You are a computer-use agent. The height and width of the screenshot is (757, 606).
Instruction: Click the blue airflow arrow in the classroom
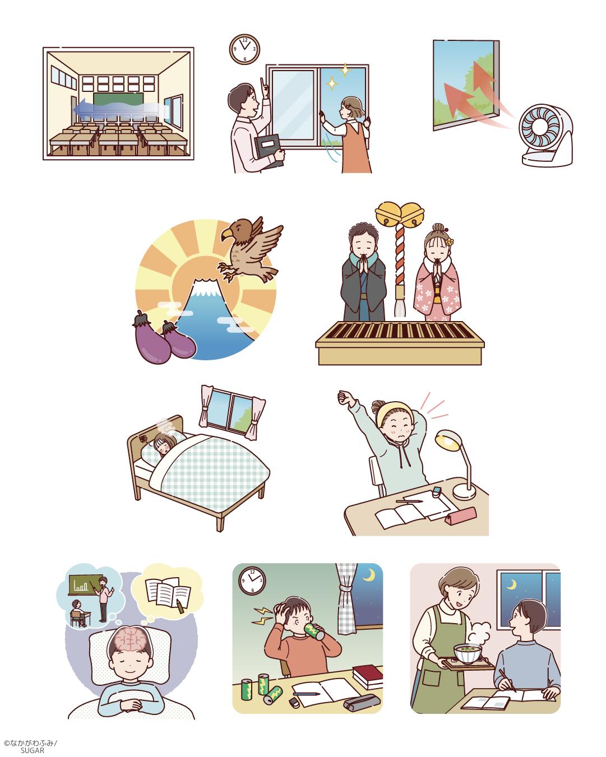[x=119, y=109]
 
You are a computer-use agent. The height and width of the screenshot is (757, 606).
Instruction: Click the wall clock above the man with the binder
[x=244, y=49]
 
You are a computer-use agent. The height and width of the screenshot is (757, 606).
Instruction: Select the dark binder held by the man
[x=269, y=151]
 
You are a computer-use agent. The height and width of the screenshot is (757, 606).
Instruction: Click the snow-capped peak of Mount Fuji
[x=203, y=287]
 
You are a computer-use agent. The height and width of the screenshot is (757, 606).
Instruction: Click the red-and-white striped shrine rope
[x=400, y=257]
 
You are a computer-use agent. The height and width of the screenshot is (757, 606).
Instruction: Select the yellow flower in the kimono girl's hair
[x=450, y=242]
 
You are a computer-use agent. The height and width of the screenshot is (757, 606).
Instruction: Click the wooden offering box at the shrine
[x=400, y=343]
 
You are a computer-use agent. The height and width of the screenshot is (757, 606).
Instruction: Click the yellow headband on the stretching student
[x=391, y=412]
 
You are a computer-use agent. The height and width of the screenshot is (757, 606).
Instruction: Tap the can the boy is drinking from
[x=314, y=630]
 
